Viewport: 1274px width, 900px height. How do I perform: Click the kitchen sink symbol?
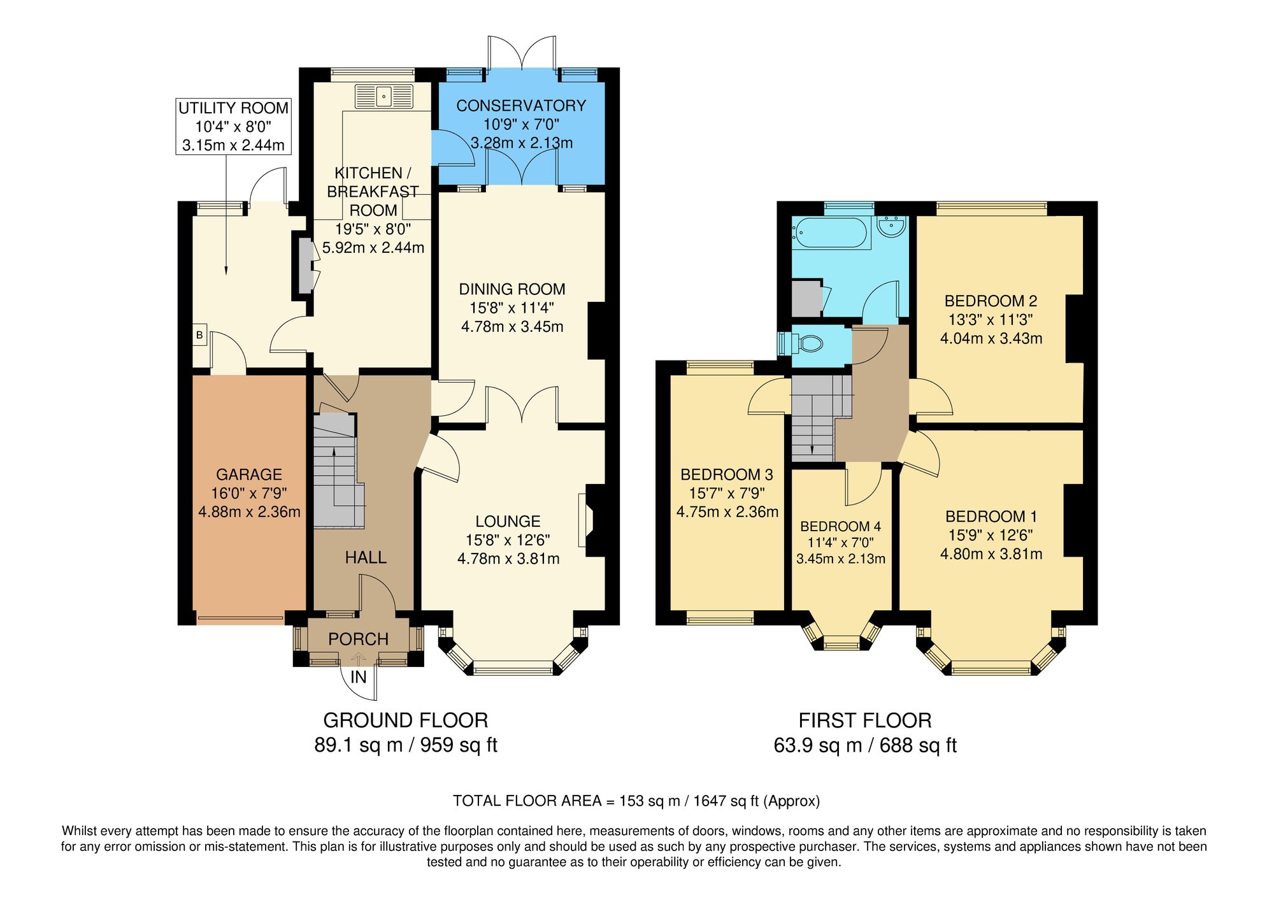point(384,97)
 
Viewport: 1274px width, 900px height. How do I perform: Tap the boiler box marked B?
point(199,334)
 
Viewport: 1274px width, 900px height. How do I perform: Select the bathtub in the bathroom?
point(831,233)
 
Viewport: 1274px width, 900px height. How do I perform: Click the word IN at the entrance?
point(359,677)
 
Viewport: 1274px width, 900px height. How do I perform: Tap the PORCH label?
point(358,639)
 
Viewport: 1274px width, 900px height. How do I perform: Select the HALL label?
point(366,557)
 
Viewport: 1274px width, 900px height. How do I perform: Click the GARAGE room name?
point(249,474)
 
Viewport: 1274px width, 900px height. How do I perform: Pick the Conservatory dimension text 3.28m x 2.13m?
point(521,143)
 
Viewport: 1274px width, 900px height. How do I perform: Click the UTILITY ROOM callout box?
point(233,126)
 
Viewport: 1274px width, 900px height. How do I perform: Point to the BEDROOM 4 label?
point(840,526)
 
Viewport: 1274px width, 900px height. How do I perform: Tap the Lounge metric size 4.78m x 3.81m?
point(508,559)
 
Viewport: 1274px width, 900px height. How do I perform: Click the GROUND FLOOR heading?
point(405,720)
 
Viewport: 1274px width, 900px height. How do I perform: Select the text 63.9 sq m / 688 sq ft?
point(864,745)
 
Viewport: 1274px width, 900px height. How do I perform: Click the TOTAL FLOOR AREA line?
point(636,801)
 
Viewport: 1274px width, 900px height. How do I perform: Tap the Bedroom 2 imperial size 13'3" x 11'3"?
point(991,319)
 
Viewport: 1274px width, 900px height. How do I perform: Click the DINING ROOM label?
point(512,289)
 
